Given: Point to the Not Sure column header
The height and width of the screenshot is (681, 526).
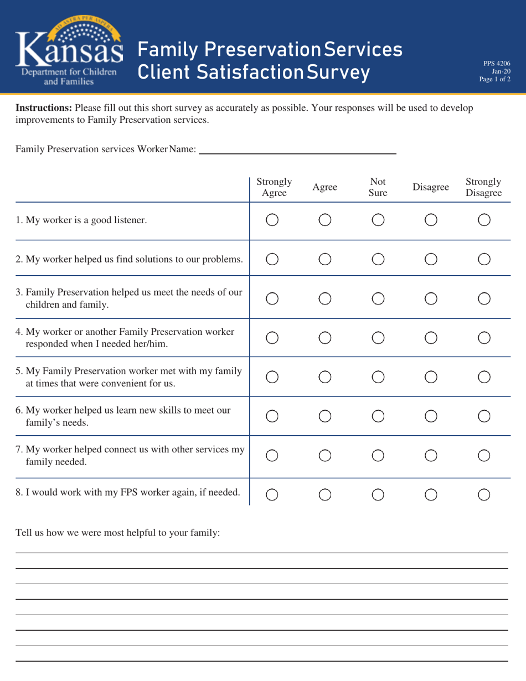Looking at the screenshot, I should (378, 187).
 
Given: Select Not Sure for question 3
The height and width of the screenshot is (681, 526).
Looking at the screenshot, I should (378, 298).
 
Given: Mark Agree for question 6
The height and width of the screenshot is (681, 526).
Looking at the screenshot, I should (326, 416).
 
